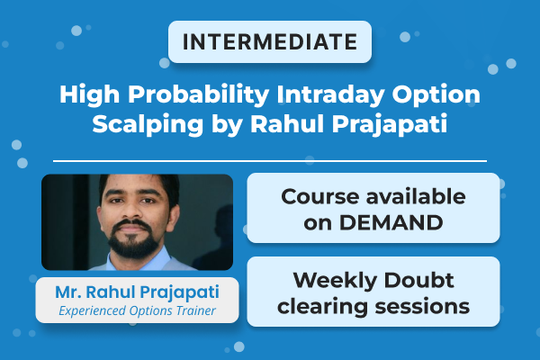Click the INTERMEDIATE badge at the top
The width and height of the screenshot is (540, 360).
click(x=269, y=41)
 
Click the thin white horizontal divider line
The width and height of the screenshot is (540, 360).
click(x=269, y=161)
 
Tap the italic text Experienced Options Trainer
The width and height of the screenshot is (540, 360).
click(x=137, y=310)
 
